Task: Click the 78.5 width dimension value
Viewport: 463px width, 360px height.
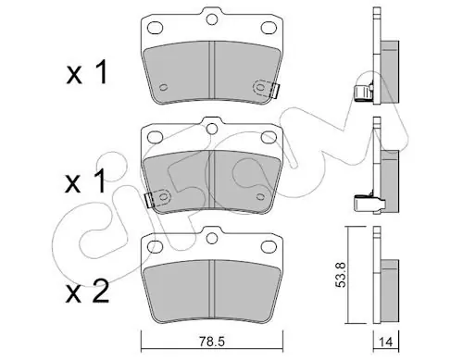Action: tap(213, 342)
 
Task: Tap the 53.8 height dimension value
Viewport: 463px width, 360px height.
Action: tap(341, 275)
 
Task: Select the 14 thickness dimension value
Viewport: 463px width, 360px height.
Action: tap(386, 342)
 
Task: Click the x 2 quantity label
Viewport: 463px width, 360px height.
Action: tap(87, 292)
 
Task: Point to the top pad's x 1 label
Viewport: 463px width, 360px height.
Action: tap(87, 72)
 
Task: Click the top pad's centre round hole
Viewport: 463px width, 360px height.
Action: tap(212, 19)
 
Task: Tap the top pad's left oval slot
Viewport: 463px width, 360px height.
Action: tap(155, 28)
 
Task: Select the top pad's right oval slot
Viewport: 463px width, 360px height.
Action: tap(269, 28)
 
